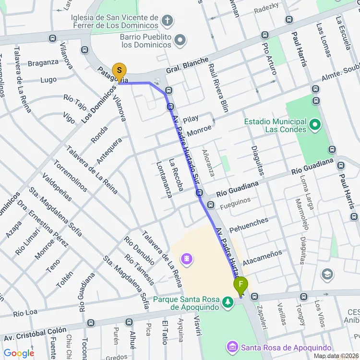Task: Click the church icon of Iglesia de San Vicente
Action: point(167,21)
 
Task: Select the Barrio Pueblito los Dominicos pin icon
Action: point(180,40)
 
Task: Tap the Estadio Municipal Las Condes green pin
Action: point(315,126)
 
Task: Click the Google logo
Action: point(19,354)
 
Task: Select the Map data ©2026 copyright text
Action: point(336,356)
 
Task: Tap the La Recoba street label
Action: point(176,175)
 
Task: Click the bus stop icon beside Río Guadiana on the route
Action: point(200,193)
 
